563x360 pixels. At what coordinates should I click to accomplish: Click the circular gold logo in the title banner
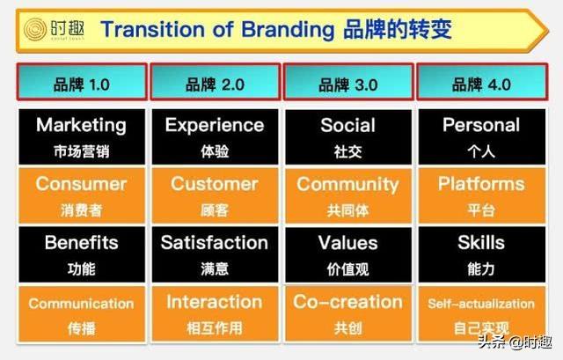[x=35, y=29]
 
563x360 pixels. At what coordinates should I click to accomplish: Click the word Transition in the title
[x=152, y=29]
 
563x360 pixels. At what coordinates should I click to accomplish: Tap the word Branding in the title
[x=288, y=30]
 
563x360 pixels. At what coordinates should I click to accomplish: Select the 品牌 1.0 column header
[x=82, y=82]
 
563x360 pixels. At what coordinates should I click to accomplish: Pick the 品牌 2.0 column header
[x=215, y=82]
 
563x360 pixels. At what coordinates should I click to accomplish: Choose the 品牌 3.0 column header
[x=348, y=82]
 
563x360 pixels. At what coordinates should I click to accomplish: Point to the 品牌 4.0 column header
[x=482, y=82]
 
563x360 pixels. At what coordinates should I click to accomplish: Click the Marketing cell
[x=82, y=137]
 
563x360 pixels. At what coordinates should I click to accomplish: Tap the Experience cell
[x=215, y=137]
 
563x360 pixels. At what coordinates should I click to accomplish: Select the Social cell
[x=348, y=137]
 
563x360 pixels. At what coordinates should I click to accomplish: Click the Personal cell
[x=482, y=137]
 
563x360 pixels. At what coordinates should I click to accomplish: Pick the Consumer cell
[x=82, y=195]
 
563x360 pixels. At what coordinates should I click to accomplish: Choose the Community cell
[x=348, y=195]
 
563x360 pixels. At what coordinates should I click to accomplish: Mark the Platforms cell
[x=482, y=195]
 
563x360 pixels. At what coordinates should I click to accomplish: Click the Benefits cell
[x=82, y=254]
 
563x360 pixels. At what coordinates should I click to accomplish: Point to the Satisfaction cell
[x=215, y=254]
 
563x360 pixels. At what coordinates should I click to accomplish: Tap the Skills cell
[x=482, y=254]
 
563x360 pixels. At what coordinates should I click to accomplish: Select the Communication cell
[x=82, y=313]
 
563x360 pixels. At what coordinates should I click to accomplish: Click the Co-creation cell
[x=348, y=313]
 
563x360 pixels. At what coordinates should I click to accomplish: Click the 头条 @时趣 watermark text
[x=515, y=342]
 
